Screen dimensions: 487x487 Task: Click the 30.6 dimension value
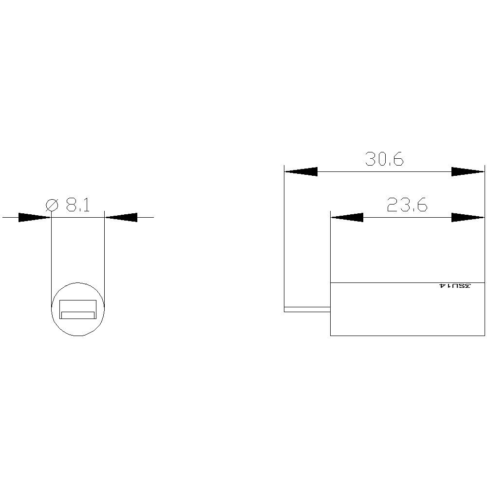click(x=384, y=159)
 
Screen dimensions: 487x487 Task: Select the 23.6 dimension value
click(x=407, y=205)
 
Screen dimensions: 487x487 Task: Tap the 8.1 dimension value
click(x=78, y=205)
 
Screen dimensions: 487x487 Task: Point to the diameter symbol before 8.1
click(x=52, y=205)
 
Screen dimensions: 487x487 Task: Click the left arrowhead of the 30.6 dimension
click(x=301, y=171)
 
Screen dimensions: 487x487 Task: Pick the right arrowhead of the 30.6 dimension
click(x=468, y=171)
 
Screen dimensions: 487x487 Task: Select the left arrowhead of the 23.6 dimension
click(x=347, y=217)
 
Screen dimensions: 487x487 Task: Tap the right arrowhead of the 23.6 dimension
click(x=468, y=217)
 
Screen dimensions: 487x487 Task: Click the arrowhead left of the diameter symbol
click(x=35, y=217)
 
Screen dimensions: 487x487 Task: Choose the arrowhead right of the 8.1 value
click(x=121, y=217)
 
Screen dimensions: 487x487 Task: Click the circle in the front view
click(x=78, y=331)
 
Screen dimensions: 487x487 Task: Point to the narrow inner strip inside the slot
click(x=78, y=315)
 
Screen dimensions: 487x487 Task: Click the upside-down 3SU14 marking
click(x=455, y=286)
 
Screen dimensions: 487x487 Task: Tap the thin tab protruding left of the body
click(x=307, y=309)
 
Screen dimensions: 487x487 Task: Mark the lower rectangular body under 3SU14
click(x=407, y=312)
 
